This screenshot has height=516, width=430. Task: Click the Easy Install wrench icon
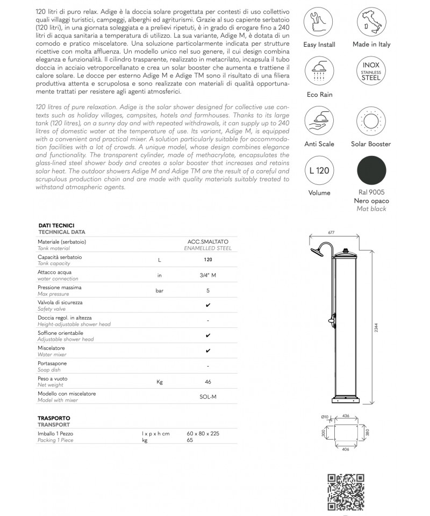[318, 21]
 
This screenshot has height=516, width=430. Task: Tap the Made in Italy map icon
[371, 21]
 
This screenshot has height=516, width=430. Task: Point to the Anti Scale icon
[318, 121]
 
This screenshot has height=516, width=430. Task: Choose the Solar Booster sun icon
[371, 121]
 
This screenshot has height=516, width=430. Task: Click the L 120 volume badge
[318, 170]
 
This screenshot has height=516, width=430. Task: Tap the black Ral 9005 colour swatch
[371, 170]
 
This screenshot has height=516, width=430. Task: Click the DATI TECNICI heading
[56, 225]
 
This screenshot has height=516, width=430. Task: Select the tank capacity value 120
[208, 260]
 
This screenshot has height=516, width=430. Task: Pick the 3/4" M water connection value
[208, 275]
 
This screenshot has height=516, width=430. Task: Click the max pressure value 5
[208, 290]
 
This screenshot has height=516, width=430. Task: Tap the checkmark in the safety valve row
[208, 305]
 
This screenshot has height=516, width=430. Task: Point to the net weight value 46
[208, 382]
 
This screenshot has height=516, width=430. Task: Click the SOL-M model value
[208, 397]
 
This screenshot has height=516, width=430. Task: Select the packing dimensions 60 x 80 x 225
[203, 433]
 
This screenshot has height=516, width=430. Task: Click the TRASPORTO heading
[54, 418]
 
